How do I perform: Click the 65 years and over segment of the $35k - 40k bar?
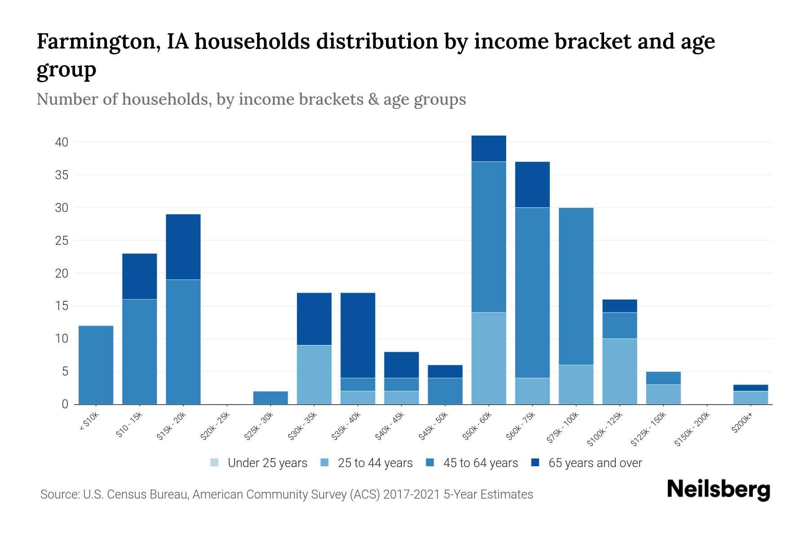click(358, 335)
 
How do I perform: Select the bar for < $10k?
click(96, 365)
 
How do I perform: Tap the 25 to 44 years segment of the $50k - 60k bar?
click(489, 358)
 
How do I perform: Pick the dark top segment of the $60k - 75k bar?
click(532, 184)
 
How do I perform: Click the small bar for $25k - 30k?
click(271, 398)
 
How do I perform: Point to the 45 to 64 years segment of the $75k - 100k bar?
click(576, 286)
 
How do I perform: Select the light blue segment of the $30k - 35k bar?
click(314, 374)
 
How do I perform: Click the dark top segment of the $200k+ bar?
click(751, 388)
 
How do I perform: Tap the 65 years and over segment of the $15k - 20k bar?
click(183, 247)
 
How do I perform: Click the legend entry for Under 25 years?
click(259, 463)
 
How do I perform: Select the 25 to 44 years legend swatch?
click(325, 463)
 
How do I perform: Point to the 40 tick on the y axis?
click(62, 142)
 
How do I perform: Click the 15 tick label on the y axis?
click(62, 306)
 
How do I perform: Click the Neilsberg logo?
click(719, 490)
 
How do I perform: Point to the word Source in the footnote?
click(58, 495)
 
